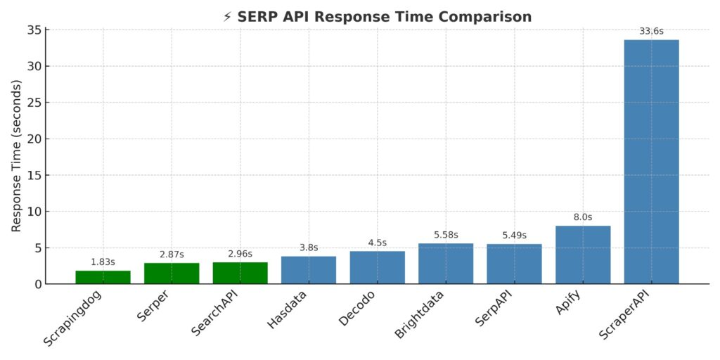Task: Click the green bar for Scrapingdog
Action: [x=103, y=277]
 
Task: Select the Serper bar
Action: [x=172, y=274]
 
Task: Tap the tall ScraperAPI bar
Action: [x=652, y=162]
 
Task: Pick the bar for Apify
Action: [x=583, y=255]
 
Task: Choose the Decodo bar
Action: [x=378, y=267]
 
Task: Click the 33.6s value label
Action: [x=652, y=31]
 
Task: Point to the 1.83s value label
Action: [x=103, y=262]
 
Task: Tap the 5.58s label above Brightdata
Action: [x=446, y=235]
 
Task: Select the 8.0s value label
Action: [x=583, y=217]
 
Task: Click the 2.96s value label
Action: [x=240, y=254]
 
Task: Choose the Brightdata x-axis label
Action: [x=419, y=317]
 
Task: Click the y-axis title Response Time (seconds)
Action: [x=17, y=156]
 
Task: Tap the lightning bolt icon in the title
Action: [x=227, y=17]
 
